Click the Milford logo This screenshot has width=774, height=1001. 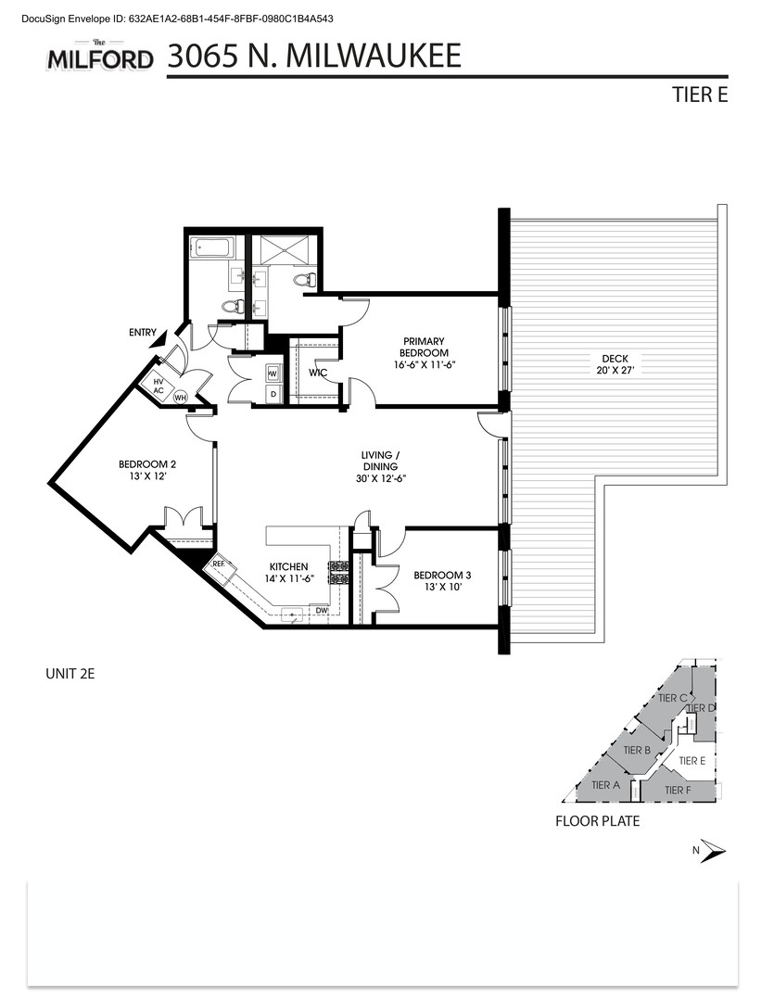coord(100,57)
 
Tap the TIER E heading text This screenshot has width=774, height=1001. coord(700,95)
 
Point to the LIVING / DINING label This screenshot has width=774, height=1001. coord(380,466)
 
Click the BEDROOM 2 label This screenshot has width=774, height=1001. coord(146,470)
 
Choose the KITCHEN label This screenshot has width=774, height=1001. coord(288,572)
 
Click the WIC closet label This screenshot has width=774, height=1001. coord(316,373)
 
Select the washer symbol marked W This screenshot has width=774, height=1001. coord(273,374)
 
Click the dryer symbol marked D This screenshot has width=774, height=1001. coord(273,395)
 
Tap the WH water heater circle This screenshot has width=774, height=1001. coord(181,396)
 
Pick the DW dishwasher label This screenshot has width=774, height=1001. coord(321,611)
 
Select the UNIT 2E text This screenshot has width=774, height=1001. coord(70,674)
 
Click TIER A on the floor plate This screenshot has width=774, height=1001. coord(604,785)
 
